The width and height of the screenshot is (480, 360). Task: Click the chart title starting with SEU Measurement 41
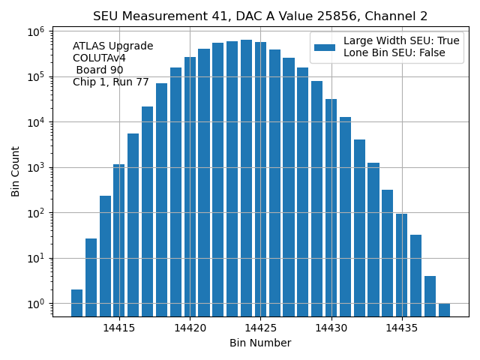260,16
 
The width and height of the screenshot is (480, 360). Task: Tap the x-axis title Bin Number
260,343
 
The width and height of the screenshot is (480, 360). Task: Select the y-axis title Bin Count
16,172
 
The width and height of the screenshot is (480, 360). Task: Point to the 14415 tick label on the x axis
119,328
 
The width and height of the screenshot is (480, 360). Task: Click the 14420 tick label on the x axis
190,328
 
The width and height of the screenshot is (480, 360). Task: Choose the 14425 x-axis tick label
260,328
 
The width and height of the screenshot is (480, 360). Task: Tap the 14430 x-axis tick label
331,328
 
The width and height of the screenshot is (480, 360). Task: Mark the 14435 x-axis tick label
401,328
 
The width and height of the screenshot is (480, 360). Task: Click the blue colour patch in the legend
325,47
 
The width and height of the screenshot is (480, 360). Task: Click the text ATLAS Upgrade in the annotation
112,46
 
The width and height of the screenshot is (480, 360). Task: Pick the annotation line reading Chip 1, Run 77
111,82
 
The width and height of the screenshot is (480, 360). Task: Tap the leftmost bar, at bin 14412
76,302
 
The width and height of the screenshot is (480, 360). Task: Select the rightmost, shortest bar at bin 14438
444,310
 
